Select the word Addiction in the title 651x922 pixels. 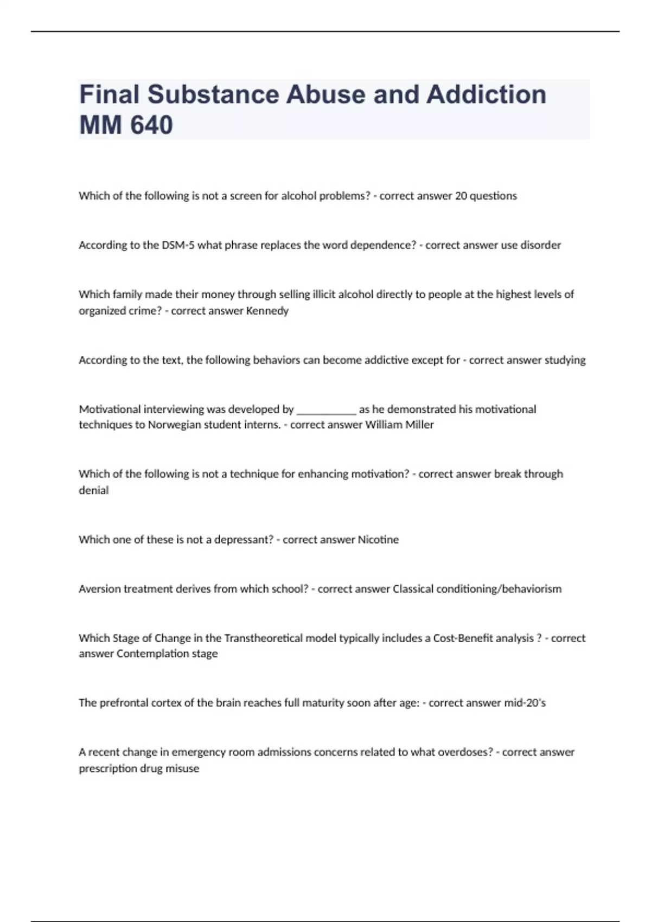[x=486, y=95]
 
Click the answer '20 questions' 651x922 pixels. [x=486, y=196]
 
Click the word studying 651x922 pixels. [x=565, y=360]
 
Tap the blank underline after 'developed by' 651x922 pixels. [x=326, y=410]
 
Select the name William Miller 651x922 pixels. [x=399, y=425]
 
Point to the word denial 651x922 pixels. [x=94, y=490]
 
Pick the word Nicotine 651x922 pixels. [x=378, y=540]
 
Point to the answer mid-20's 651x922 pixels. [x=525, y=703]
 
